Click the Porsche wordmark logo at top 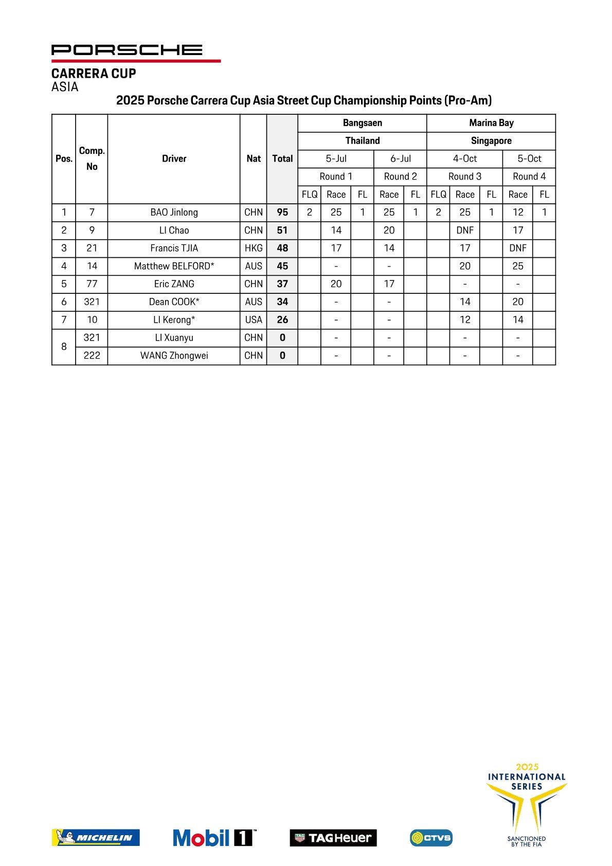127,50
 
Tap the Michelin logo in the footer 96,838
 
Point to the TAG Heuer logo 333,838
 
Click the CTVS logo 431,838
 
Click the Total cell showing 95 282,213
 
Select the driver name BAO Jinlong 174,213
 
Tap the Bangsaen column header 362,123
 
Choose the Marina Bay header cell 491,123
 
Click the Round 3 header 465,176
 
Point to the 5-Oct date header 529,158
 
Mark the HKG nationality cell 254,248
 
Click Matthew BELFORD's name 174,266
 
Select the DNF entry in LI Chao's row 465,231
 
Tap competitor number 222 92,356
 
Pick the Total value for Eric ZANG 282,284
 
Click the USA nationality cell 254,320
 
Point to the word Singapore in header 491,141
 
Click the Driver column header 174,158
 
